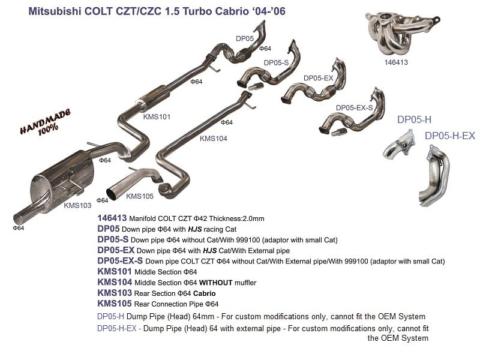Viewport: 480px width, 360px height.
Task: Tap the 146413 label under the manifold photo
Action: (x=397, y=61)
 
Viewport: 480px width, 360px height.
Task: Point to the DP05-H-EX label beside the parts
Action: (x=449, y=136)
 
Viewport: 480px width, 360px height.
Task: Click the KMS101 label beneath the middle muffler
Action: (x=157, y=116)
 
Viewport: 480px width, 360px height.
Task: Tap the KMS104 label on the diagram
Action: (x=214, y=138)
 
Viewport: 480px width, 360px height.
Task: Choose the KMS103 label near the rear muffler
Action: (x=77, y=205)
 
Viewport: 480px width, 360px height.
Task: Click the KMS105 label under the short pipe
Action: (x=140, y=196)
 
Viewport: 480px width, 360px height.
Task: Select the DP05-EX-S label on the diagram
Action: (x=354, y=107)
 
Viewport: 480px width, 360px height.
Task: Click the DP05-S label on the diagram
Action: (x=277, y=63)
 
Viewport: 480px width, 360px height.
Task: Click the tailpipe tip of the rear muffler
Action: (x=22, y=217)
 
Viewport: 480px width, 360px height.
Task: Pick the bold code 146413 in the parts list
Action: (x=112, y=219)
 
